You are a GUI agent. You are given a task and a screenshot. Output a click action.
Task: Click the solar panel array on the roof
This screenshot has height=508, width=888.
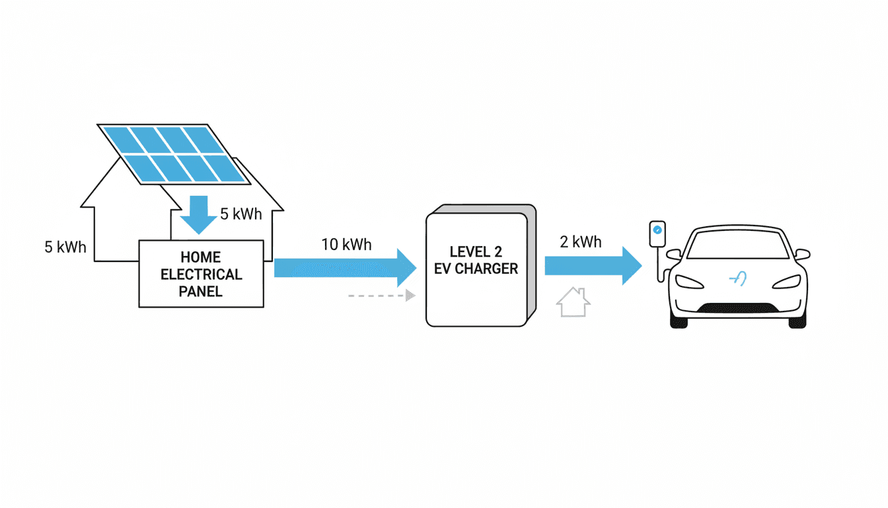[174, 153]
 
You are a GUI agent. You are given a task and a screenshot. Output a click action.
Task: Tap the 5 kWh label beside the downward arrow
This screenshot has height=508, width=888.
[241, 214]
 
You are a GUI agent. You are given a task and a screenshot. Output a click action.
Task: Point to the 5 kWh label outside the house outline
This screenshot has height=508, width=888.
[65, 247]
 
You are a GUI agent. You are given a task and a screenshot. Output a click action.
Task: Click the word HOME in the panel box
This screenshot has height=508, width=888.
[201, 257]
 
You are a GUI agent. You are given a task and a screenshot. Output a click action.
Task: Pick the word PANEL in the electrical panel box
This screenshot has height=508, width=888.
[201, 292]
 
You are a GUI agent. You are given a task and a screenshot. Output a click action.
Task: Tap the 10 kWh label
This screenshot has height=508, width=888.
[346, 245]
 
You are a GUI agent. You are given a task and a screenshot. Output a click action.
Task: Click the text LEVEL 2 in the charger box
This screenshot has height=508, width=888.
[476, 252]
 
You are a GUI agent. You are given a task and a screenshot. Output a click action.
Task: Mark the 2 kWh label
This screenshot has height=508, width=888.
[581, 242]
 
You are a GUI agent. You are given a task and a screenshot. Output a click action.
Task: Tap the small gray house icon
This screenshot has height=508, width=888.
[573, 302]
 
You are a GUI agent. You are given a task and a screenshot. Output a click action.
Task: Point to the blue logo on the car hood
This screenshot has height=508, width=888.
[738, 279]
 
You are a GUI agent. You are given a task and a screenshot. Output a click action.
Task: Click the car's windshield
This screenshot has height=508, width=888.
[738, 245]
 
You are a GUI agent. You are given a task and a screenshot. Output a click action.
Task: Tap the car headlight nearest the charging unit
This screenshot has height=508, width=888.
[689, 281]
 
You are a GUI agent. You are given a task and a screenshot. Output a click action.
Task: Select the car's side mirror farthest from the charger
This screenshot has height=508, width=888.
[802, 254]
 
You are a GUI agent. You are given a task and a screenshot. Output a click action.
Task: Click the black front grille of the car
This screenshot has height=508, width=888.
[738, 308]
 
